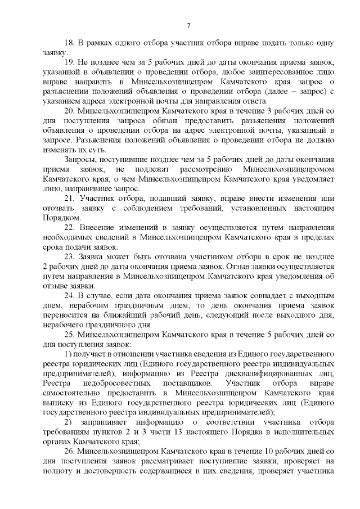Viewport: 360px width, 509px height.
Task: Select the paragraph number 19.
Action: pyautogui.click(x=69, y=61)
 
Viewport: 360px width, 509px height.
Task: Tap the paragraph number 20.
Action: pyautogui.click(x=69, y=111)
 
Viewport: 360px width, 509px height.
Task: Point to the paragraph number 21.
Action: pyautogui.click(x=69, y=200)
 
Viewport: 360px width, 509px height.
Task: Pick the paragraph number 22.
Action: pyautogui.click(x=69, y=228)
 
